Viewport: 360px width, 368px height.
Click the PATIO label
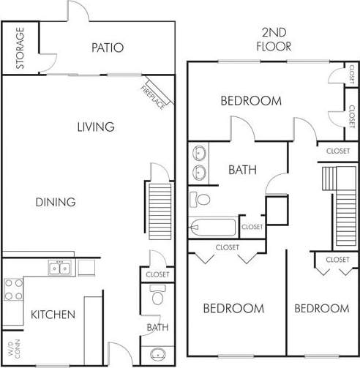pyautogui.click(x=108, y=48)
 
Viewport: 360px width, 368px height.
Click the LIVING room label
pyautogui.click(x=96, y=127)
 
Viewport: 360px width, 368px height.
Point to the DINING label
pyautogui.click(x=55, y=202)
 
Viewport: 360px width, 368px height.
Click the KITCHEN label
pyautogui.click(x=53, y=315)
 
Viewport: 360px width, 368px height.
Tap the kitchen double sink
pyautogui.click(x=60, y=269)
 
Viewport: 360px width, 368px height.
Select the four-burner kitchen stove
pyautogui.click(x=13, y=289)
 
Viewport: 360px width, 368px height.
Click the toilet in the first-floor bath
pyautogui.click(x=157, y=296)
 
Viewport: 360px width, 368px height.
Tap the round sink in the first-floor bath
pyautogui.click(x=157, y=356)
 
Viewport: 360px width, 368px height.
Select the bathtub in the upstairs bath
pyautogui.click(x=212, y=227)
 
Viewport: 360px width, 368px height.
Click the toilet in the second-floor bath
pyautogui.click(x=200, y=198)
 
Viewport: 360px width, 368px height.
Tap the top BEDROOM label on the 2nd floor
pyautogui.click(x=251, y=101)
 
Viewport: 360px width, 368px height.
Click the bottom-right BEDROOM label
pyautogui.click(x=321, y=308)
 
